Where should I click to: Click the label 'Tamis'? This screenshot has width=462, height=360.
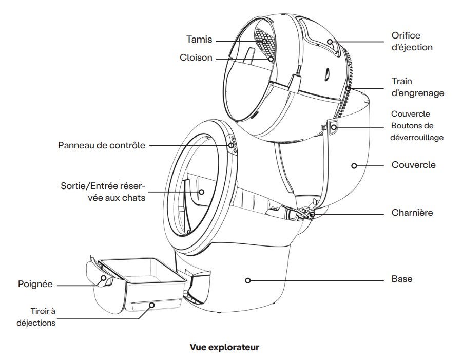click(x=198, y=40)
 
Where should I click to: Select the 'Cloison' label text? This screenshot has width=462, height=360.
click(x=196, y=58)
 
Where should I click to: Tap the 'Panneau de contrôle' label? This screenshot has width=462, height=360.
click(x=101, y=145)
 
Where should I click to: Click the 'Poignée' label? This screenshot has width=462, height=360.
click(x=35, y=284)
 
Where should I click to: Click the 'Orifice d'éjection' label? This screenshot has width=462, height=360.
click(x=412, y=42)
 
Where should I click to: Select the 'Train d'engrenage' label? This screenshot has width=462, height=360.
click(x=417, y=87)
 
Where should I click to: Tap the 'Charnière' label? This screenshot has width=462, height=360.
click(x=412, y=212)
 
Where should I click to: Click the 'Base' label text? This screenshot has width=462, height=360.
click(x=401, y=279)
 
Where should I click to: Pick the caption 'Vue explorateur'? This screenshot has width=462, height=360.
click(x=224, y=347)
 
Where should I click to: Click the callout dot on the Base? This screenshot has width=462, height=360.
click(x=247, y=280)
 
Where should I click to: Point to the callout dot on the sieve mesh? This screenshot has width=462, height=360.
click(x=265, y=40)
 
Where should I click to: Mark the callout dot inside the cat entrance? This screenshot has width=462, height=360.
click(x=201, y=192)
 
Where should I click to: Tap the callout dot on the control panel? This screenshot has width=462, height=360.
click(x=232, y=145)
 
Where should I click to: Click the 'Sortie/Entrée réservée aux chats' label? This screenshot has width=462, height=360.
click(x=103, y=191)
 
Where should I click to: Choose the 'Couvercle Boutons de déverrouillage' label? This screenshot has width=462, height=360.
click(x=417, y=126)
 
